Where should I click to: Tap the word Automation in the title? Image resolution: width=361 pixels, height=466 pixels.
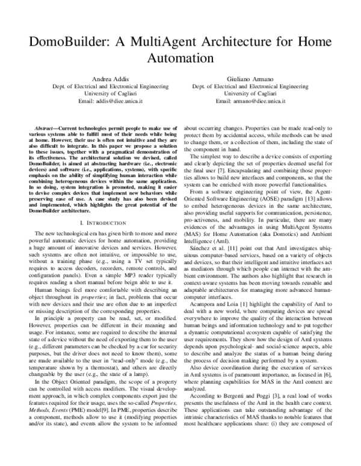[180, 59]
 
